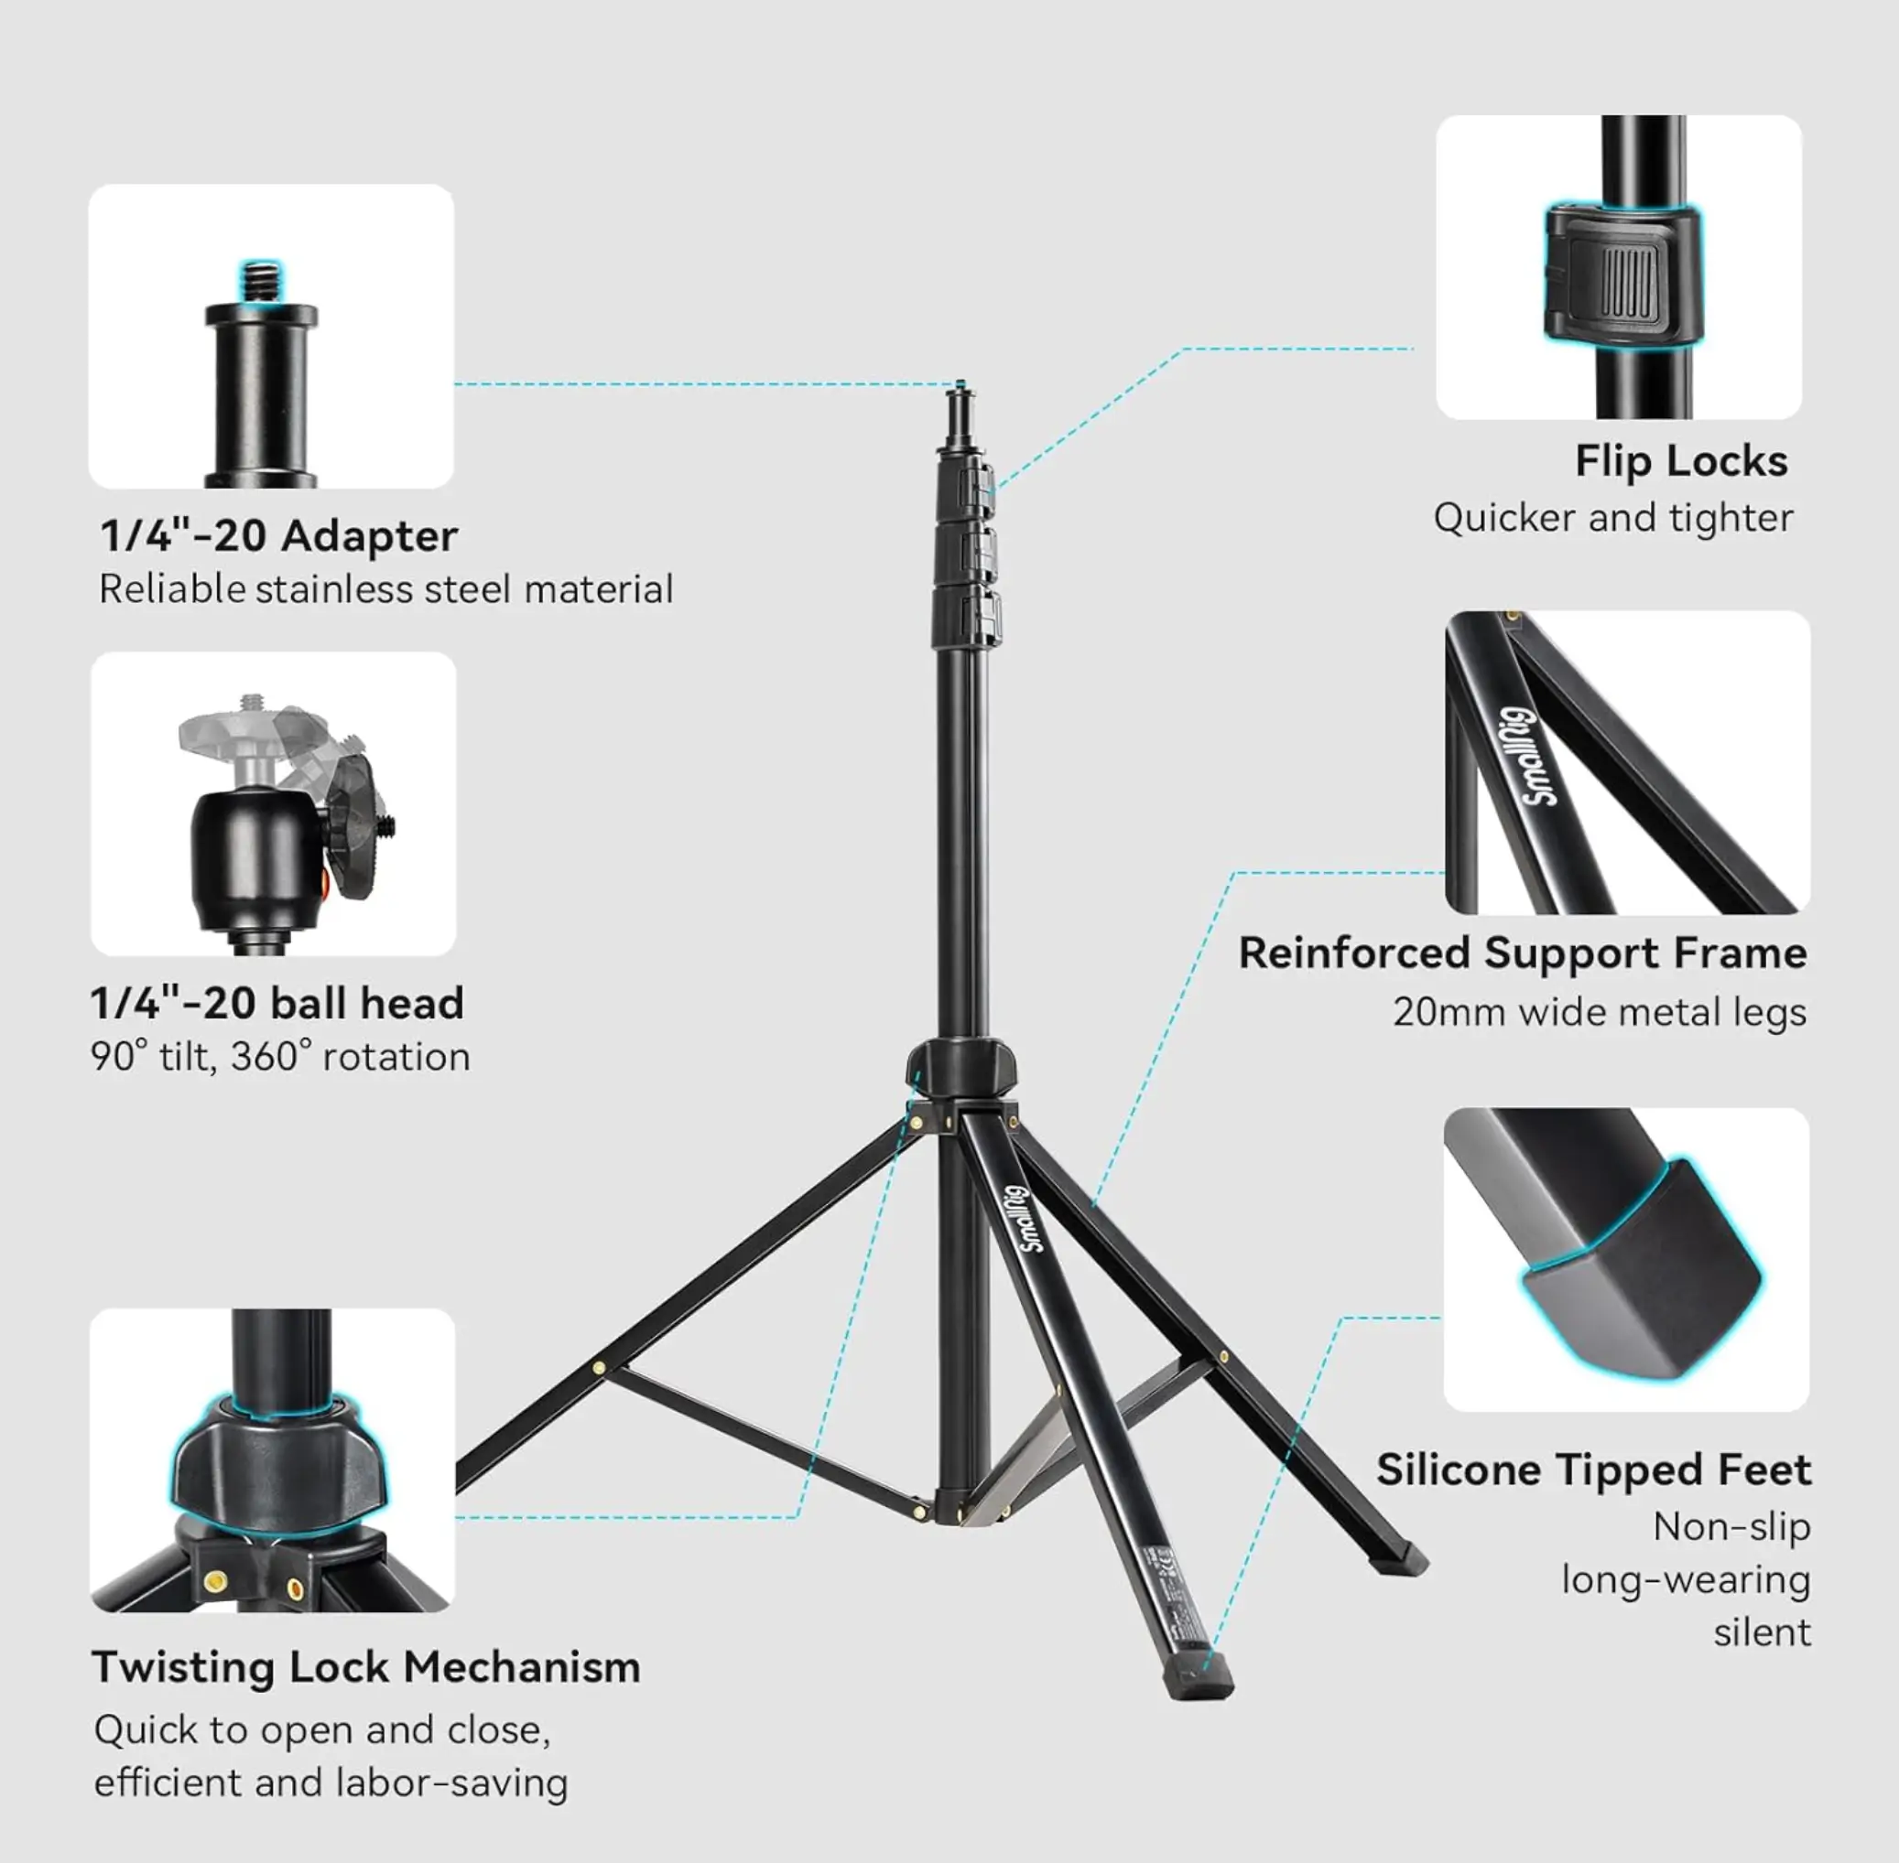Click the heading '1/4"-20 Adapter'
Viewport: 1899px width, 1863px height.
click(x=279, y=536)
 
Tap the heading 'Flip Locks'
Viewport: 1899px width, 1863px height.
click(x=1681, y=461)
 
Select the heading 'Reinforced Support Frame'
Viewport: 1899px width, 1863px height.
click(x=1522, y=953)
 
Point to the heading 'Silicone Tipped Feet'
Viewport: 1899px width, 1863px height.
click(x=1593, y=1470)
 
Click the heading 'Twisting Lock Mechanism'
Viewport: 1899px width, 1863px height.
click(x=366, y=1667)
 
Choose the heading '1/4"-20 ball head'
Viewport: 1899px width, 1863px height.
click(x=277, y=1004)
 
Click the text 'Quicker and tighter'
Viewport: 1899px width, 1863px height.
click(x=1613, y=519)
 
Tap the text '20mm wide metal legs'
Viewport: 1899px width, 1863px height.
click(x=1600, y=1012)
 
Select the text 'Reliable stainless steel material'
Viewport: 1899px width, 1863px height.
click(x=385, y=590)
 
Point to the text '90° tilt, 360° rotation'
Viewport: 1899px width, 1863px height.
click(x=280, y=1057)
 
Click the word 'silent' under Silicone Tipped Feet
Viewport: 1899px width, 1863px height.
click(x=1762, y=1633)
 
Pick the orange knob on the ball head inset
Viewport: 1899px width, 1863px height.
click(x=324, y=888)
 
